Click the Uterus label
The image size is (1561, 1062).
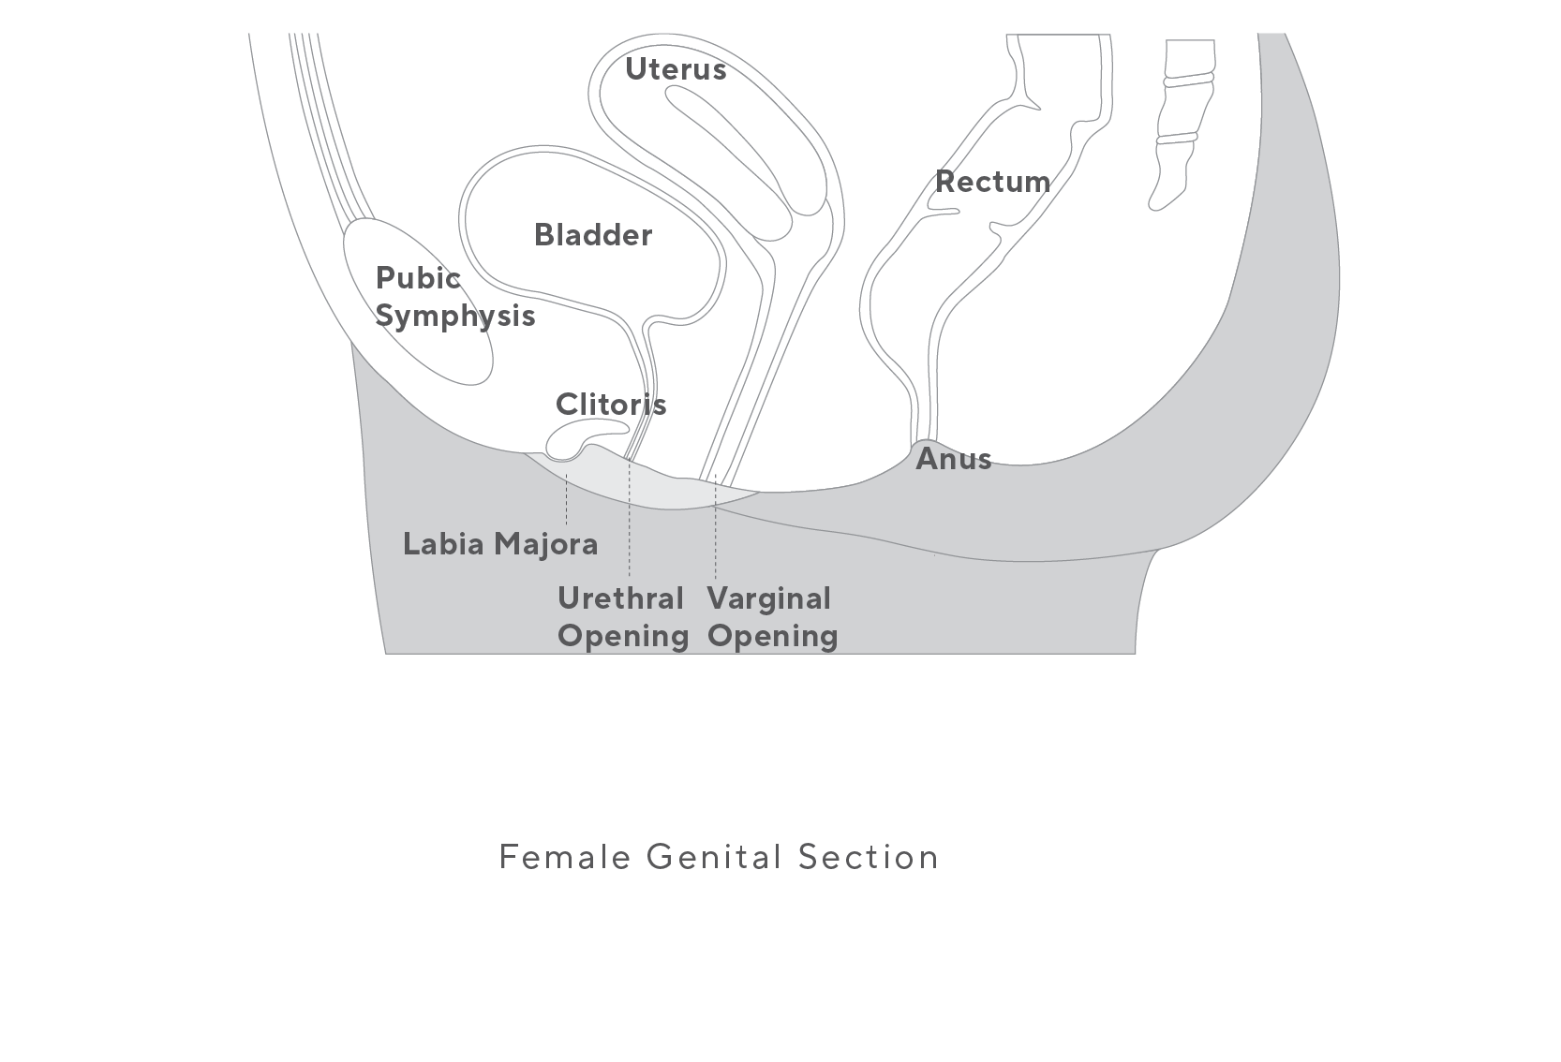click(675, 69)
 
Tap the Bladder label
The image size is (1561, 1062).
click(592, 235)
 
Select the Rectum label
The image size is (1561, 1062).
click(992, 182)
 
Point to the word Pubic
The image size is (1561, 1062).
click(418, 278)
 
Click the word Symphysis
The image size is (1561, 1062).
click(455, 317)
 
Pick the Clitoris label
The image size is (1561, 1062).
click(611, 405)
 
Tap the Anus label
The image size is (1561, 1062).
click(953, 459)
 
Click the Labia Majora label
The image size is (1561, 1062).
click(500, 544)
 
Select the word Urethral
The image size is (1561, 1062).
click(620, 598)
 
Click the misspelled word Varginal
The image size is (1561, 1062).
click(768, 598)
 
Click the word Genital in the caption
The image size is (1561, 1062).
click(714, 857)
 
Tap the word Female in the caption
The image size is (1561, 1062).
click(564, 857)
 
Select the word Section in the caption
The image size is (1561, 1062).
click(868, 857)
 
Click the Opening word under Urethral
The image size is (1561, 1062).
click(623, 636)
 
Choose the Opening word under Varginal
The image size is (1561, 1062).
click(772, 636)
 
